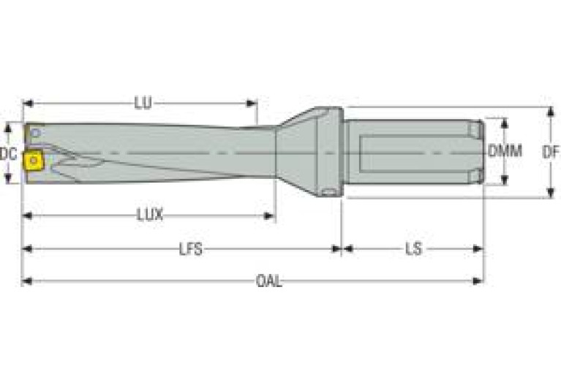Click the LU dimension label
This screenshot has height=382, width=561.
tap(143, 103)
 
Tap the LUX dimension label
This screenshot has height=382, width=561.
tap(150, 215)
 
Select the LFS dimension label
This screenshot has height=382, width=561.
tap(191, 249)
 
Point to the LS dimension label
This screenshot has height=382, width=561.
tap(413, 249)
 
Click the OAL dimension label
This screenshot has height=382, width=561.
tap(269, 281)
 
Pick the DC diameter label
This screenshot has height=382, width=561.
tap(8, 154)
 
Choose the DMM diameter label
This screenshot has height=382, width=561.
tap(505, 151)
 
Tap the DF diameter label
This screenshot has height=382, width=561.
tap(551, 153)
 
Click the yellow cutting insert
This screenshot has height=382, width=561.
tap(33, 161)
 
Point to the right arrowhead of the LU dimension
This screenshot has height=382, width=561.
tap(252, 103)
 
